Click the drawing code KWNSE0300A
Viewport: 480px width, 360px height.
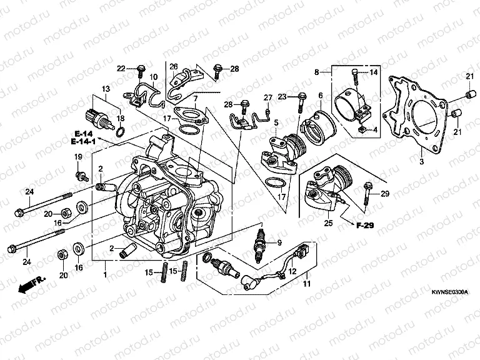point(449,292)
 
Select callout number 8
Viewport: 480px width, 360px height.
point(317,72)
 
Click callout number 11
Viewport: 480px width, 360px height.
point(306,284)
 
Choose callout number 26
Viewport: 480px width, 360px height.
point(174,66)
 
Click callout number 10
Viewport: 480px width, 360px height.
point(153,76)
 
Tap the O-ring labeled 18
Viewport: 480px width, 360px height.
point(121,131)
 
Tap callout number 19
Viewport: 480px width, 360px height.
point(79,156)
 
